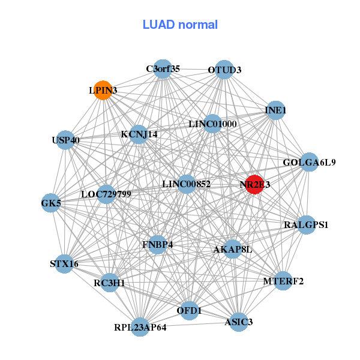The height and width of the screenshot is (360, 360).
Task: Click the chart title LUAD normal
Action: coord(180,25)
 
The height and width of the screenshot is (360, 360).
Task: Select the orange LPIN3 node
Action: coord(103,90)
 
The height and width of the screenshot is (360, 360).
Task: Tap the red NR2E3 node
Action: coord(254,185)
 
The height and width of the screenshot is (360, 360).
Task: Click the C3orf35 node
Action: coord(162,69)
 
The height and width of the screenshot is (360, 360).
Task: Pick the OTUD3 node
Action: coord(224,70)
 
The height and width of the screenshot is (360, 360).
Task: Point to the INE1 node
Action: coord(275,110)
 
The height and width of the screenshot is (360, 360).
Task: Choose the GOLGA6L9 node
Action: coord(308,162)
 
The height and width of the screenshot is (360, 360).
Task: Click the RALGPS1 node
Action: coord(306,225)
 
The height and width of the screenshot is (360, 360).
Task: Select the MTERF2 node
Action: coord(283,281)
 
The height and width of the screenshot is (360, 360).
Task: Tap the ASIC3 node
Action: coord(238,322)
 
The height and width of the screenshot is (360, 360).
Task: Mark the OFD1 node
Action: coord(189,310)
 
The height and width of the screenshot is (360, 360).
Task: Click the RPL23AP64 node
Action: coord(140,327)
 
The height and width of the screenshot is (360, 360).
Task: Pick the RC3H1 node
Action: coord(109,283)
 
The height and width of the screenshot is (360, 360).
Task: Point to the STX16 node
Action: coord(64,263)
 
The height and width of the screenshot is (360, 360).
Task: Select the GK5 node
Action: coord(51,203)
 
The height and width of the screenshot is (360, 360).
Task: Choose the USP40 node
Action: coord(65,140)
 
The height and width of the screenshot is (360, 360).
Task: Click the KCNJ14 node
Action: coord(139,134)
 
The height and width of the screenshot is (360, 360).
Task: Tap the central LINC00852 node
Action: coord(187,184)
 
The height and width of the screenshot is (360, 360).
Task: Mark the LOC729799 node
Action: coord(106,194)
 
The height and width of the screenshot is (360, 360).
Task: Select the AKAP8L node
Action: coord(232,249)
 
